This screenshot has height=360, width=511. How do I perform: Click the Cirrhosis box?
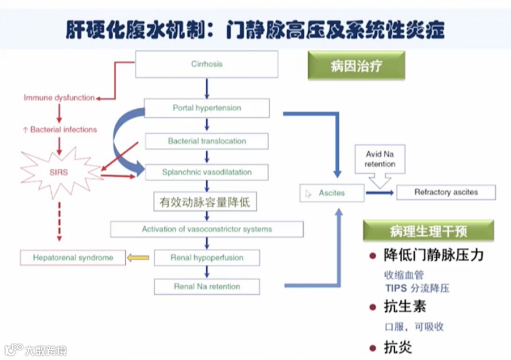[x=206, y=64]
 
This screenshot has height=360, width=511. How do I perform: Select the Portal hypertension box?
[x=206, y=108]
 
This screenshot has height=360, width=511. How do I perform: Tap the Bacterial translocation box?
[x=206, y=141]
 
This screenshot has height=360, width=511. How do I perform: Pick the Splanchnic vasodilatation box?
[x=206, y=172]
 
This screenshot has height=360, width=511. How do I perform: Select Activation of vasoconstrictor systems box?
[x=206, y=229]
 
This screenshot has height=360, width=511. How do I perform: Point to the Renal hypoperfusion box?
[x=206, y=258]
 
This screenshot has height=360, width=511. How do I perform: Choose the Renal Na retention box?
[x=206, y=286]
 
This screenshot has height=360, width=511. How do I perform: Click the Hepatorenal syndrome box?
[x=73, y=258]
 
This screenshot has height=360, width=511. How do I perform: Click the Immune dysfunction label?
[x=59, y=98]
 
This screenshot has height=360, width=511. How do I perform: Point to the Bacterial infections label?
[x=59, y=129]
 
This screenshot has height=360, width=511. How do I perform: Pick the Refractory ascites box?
[x=446, y=192]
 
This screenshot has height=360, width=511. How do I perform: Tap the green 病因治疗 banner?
[x=356, y=66]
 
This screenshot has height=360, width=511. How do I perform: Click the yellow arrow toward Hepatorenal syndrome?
[x=138, y=258]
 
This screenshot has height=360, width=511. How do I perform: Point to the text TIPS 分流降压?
[x=417, y=288]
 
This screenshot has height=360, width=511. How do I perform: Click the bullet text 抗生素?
[x=405, y=307]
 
